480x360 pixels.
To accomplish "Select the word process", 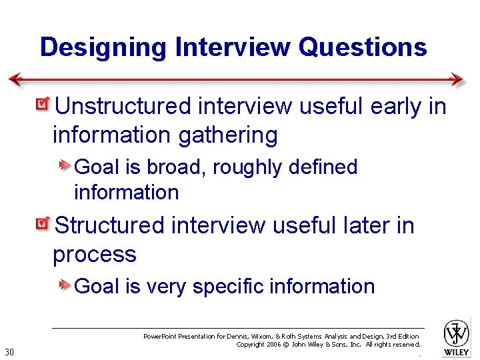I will pyautogui.click(x=94, y=255).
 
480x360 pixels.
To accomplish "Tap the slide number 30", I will pyautogui.click(x=9, y=352).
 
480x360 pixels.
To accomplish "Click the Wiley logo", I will pyautogui.click(x=457, y=337).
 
